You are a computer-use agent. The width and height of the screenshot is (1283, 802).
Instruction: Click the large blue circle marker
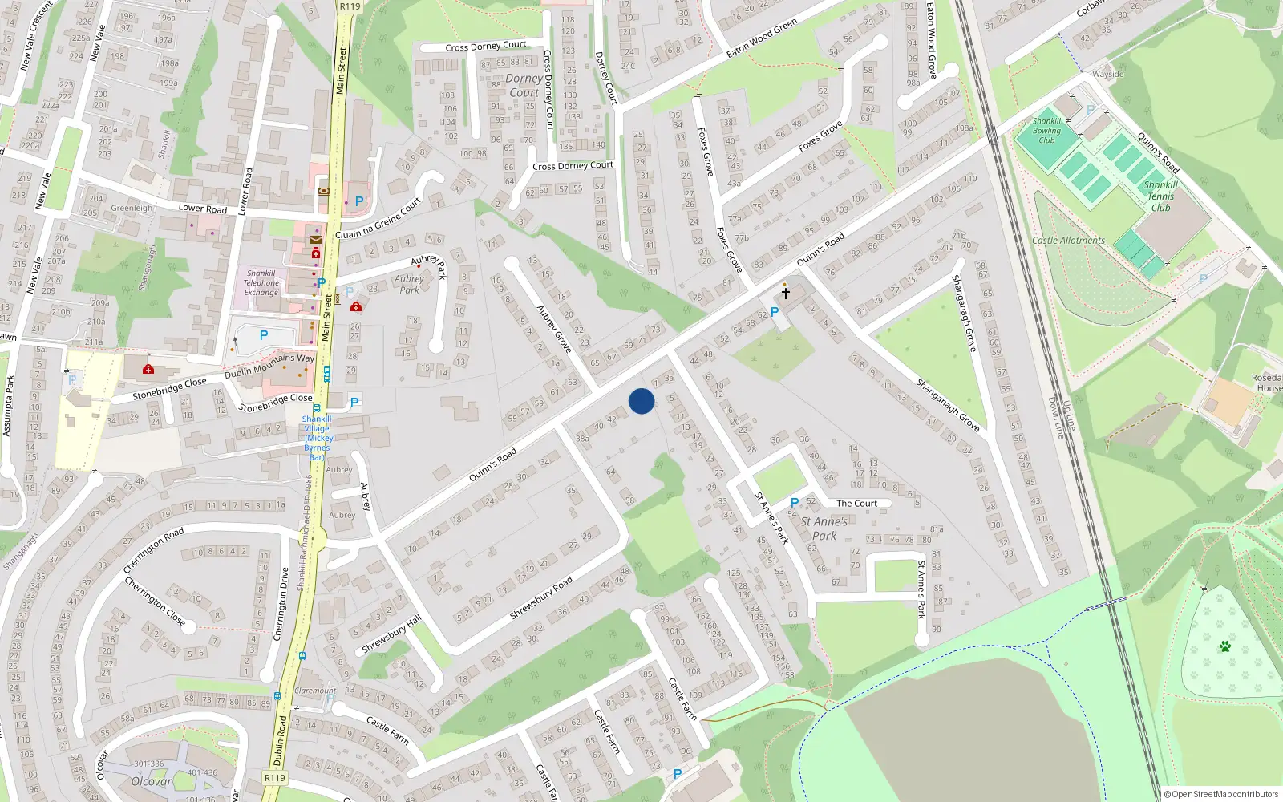point(641,401)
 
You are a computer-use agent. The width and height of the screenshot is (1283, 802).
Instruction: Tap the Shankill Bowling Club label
point(1046,131)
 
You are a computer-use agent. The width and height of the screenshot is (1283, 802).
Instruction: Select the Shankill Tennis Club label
point(1160,196)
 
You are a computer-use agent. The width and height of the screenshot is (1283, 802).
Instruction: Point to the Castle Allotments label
point(1068,241)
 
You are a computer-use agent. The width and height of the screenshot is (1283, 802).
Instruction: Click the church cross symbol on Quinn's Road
point(786,293)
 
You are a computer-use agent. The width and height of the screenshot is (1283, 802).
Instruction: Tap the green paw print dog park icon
point(1224,646)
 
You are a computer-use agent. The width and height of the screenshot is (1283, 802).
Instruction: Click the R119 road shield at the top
point(350,6)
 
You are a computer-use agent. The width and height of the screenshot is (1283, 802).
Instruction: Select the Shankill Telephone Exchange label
point(261,283)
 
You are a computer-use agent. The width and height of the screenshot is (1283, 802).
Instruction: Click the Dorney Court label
point(524,86)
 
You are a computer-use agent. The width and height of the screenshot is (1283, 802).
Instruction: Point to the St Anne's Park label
point(824,529)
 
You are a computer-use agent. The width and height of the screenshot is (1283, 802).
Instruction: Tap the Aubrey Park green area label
point(409,285)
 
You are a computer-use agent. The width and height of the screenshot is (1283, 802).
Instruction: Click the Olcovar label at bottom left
point(152,781)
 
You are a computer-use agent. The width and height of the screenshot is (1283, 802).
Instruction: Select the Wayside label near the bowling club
point(1108,75)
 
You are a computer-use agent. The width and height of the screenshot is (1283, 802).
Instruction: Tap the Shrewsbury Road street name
point(541,597)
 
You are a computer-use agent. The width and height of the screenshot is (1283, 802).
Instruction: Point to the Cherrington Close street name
point(155,601)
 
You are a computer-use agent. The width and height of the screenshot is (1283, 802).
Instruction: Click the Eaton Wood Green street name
point(761,38)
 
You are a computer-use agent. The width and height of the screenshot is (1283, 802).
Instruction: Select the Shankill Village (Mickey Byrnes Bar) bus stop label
point(318,438)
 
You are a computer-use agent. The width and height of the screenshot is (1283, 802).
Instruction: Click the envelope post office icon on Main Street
point(316,239)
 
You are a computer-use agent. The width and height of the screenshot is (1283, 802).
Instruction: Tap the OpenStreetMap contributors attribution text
point(1220,794)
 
